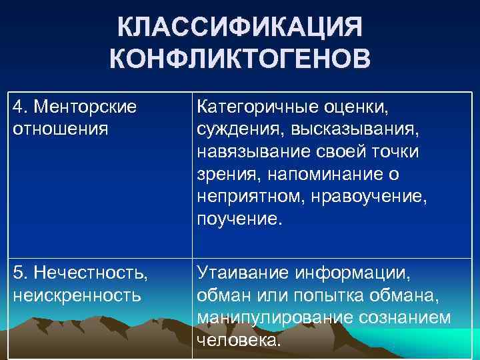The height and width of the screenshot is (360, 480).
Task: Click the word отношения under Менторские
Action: [x=59, y=129]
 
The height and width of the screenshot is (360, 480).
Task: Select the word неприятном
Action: [x=247, y=197]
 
